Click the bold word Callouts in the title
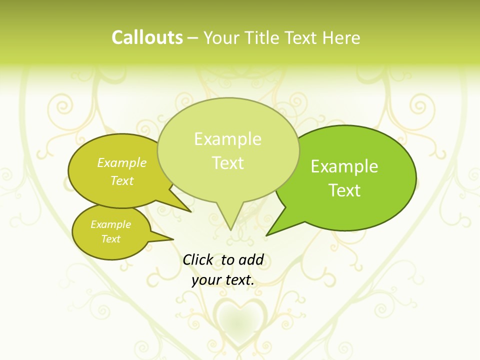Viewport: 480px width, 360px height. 147,37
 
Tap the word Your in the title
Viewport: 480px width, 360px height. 221,38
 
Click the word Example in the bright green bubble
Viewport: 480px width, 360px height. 344,166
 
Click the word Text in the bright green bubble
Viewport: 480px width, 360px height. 344,190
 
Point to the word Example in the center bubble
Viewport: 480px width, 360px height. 227,139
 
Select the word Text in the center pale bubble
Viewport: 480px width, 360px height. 227,163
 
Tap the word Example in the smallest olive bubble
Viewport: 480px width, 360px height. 110,224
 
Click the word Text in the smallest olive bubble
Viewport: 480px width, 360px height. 110,239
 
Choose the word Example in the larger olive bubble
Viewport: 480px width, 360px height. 122,163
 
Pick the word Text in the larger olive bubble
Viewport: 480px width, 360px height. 122,180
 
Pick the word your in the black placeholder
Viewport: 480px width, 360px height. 205,280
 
